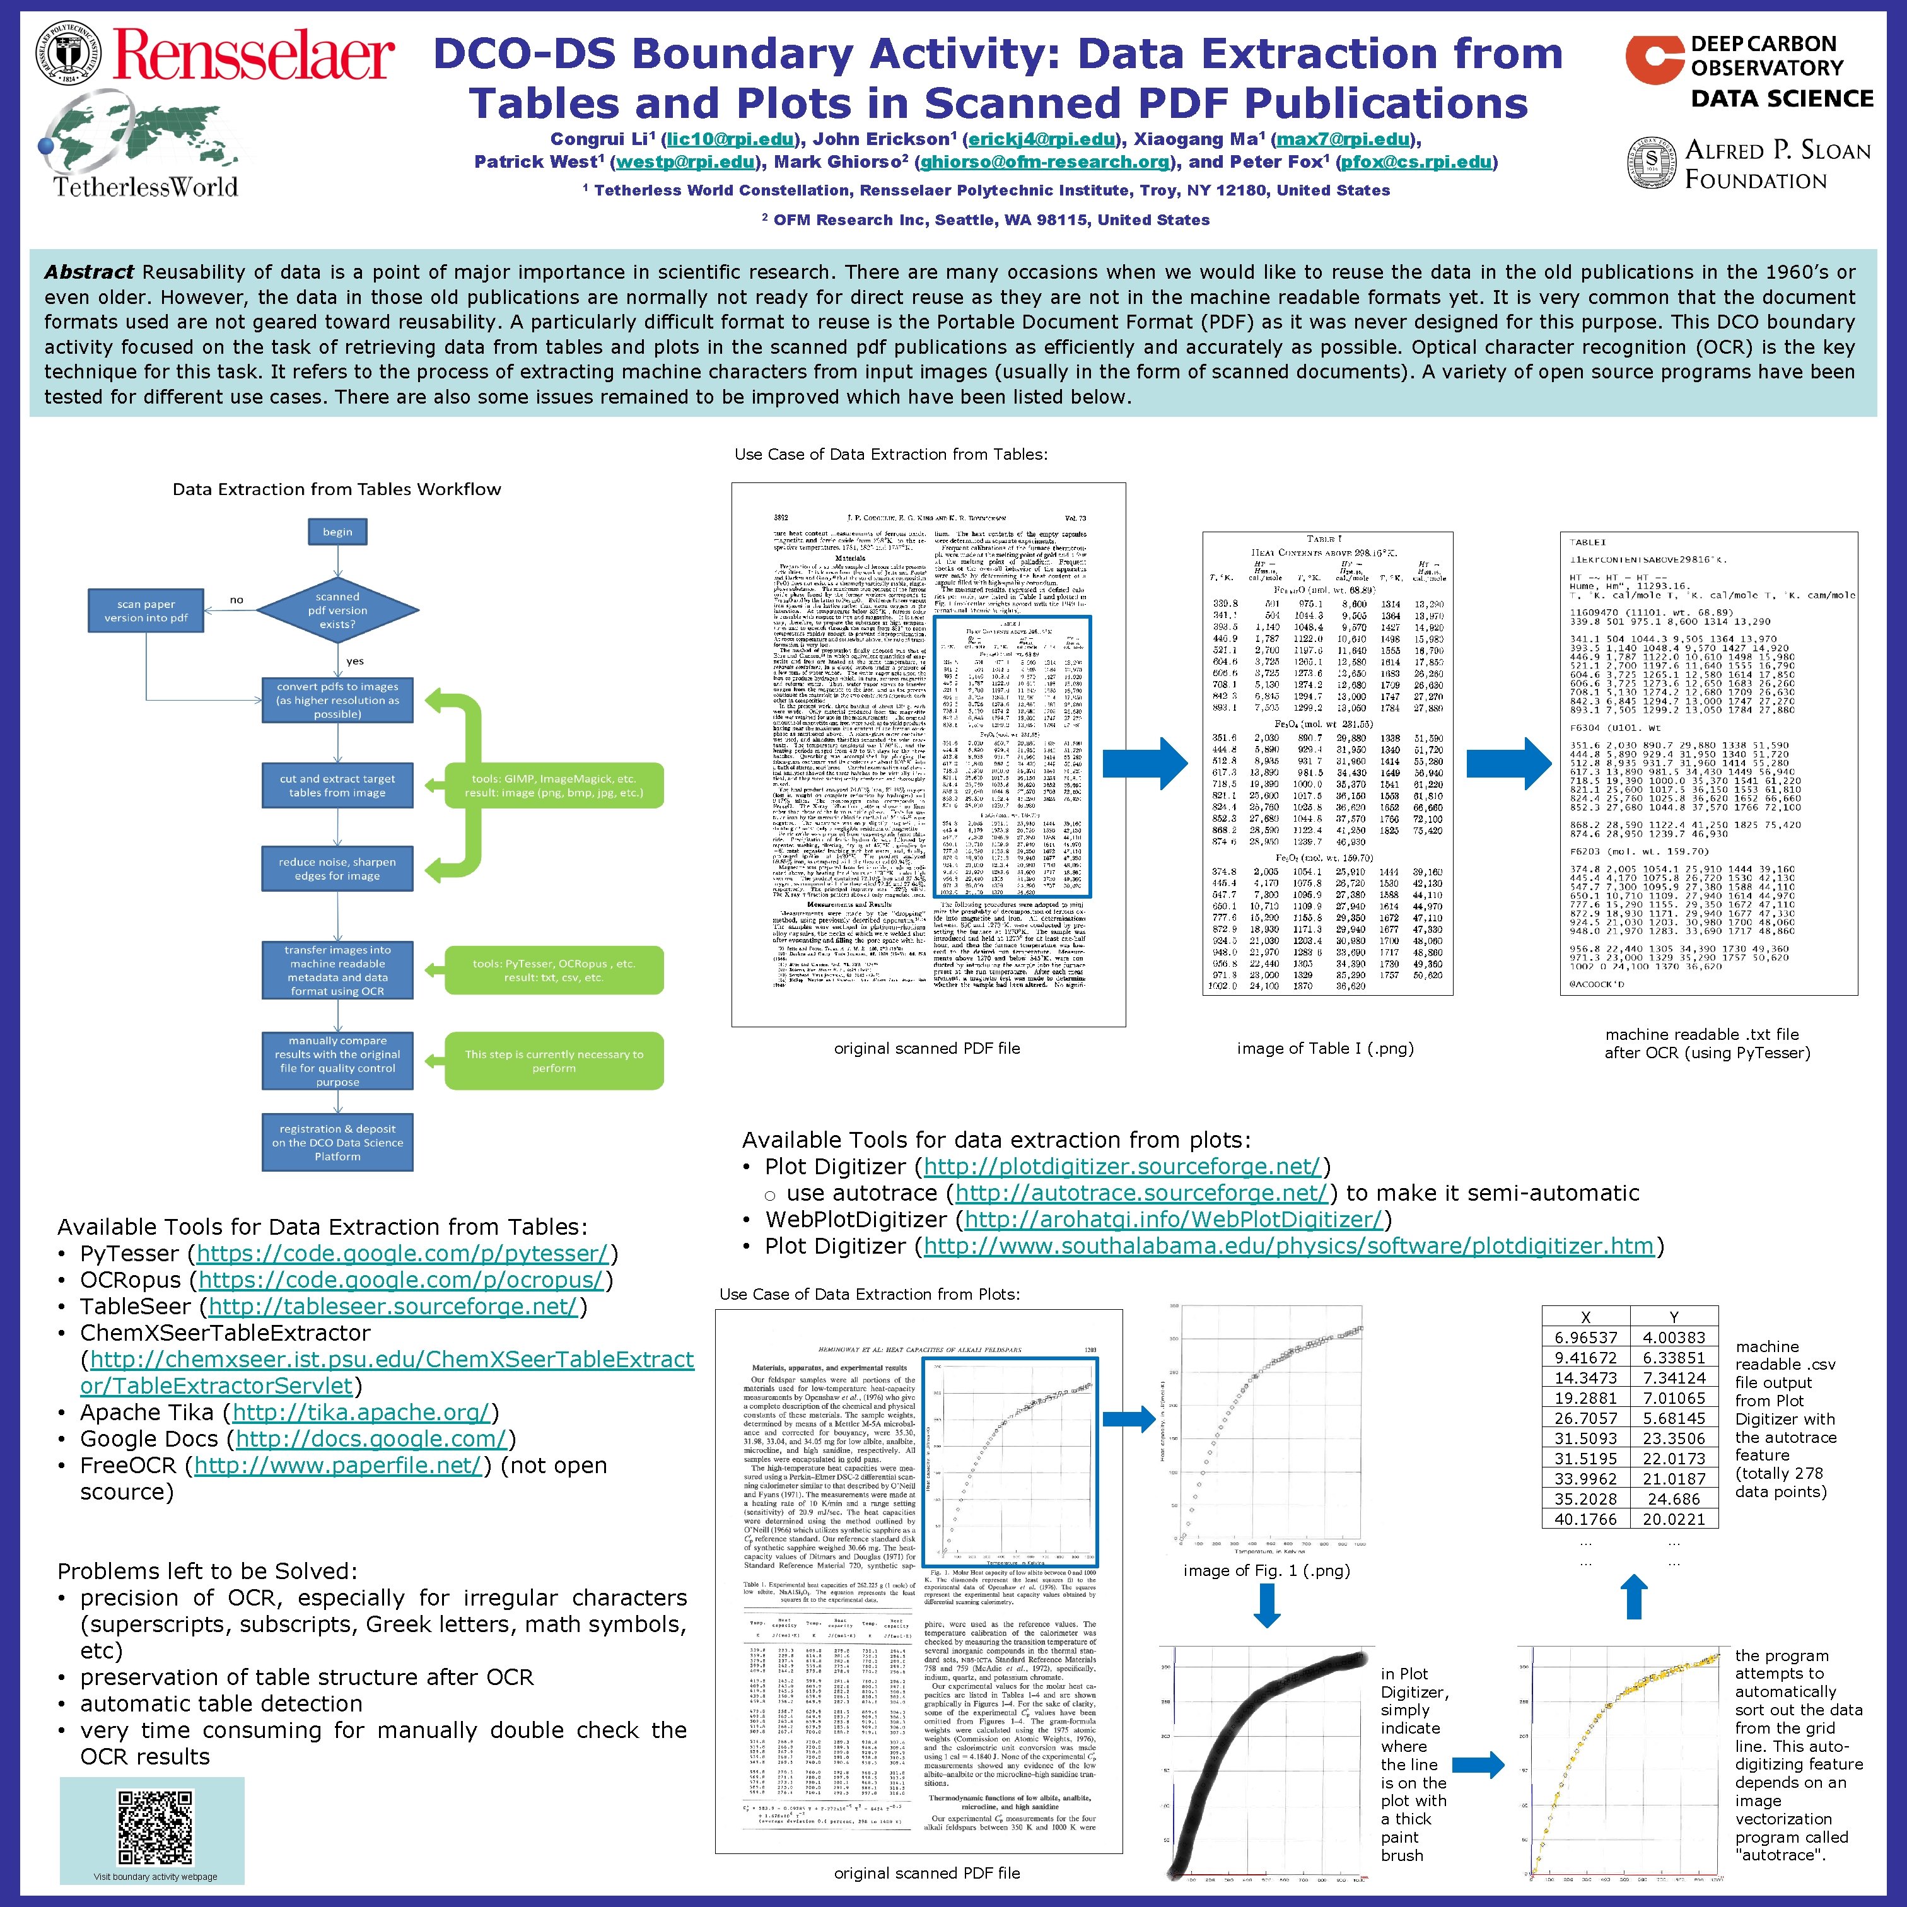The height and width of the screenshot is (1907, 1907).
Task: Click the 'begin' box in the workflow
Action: click(x=337, y=532)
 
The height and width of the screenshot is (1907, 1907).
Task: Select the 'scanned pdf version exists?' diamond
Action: click(x=337, y=610)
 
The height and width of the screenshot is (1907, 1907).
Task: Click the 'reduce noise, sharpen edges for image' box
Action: click(x=337, y=868)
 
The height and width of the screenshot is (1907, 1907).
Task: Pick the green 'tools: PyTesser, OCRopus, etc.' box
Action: click(x=554, y=971)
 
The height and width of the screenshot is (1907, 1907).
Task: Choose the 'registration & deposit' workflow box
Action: click(x=337, y=1142)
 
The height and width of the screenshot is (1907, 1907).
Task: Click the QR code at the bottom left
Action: click(x=155, y=1828)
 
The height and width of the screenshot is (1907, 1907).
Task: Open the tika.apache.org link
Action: click(x=361, y=1413)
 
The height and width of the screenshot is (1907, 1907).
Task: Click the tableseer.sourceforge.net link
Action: click(x=392, y=1306)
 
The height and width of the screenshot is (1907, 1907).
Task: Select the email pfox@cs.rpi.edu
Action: click(x=1416, y=162)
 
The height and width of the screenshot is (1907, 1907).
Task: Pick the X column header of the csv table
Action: click(x=1585, y=1317)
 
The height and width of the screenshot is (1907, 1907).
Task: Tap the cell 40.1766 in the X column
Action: click(x=1585, y=1519)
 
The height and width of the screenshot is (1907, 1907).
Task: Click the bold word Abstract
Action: click(x=89, y=272)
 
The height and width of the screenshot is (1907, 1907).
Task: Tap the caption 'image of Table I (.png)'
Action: click(x=1325, y=1048)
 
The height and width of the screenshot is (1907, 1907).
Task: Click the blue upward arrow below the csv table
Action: click(x=1635, y=1596)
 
